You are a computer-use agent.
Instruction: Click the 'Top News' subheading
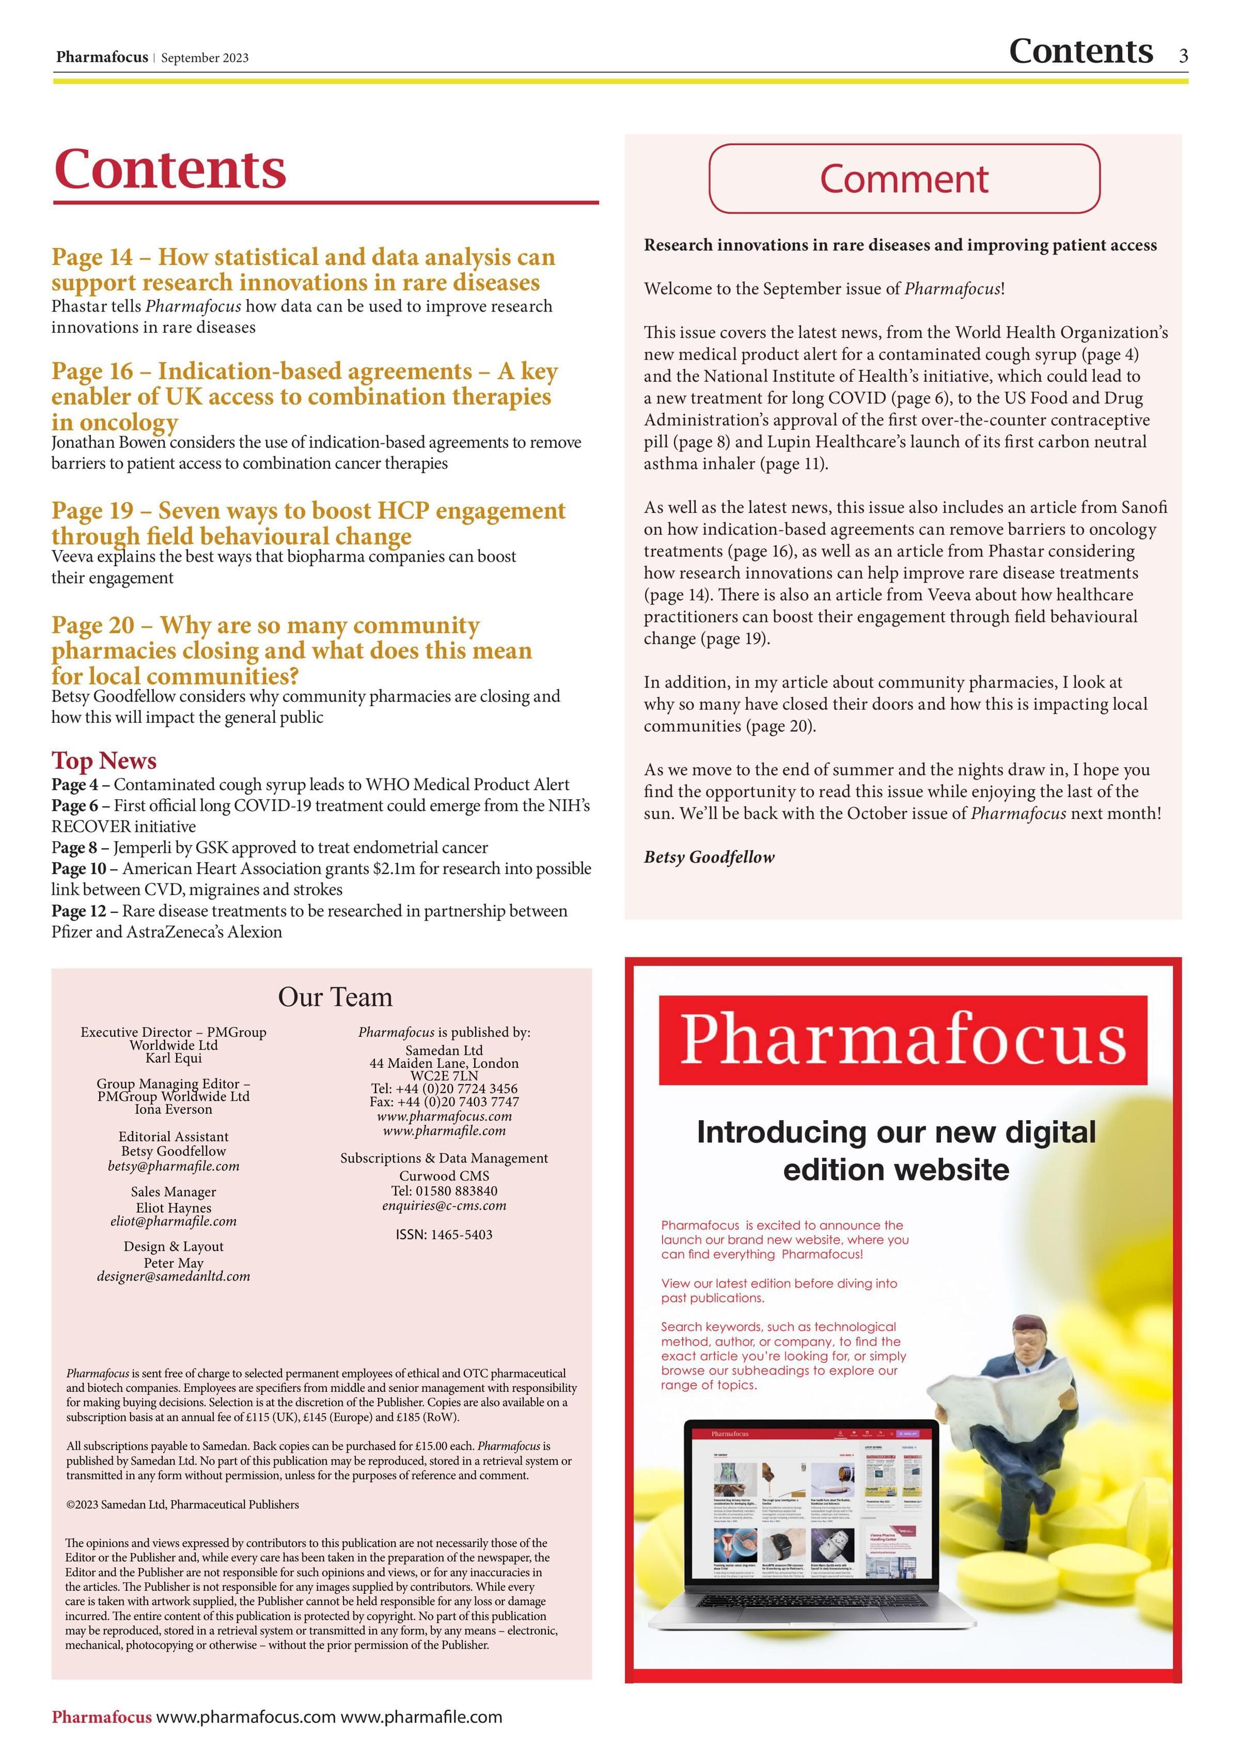coord(104,760)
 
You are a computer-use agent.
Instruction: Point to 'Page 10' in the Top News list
coord(79,869)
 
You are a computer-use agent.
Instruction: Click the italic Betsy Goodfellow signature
coord(709,858)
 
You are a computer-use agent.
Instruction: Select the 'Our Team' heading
coord(335,997)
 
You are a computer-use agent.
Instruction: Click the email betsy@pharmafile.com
coord(174,1167)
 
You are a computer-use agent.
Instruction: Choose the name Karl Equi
coord(174,1059)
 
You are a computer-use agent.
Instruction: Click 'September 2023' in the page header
coord(205,58)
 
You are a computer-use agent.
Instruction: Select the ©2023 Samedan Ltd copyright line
coord(183,1504)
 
